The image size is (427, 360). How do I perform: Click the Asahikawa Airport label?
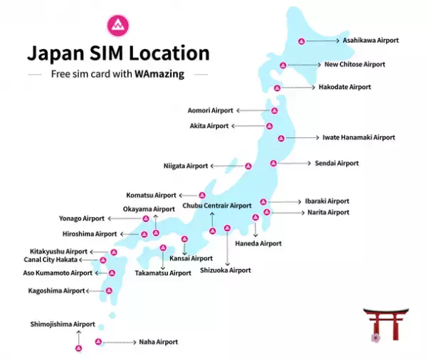point(371,41)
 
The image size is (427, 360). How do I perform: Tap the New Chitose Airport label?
point(354,65)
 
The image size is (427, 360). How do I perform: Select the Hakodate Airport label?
point(344,88)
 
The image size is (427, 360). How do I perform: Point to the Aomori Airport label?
point(210,111)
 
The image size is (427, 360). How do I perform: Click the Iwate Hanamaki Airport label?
point(359,137)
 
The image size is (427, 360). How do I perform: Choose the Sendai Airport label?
point(337,164)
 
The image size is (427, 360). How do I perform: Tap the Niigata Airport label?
point(186,166)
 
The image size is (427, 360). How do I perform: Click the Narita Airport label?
point(328,213)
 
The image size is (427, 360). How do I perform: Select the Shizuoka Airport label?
point(225,270)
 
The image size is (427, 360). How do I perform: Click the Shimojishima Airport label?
point(63,324)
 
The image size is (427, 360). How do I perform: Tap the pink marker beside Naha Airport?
point(99,342)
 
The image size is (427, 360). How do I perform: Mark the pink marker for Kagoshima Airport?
point(109,290)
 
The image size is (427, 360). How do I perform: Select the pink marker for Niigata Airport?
point(248,166)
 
